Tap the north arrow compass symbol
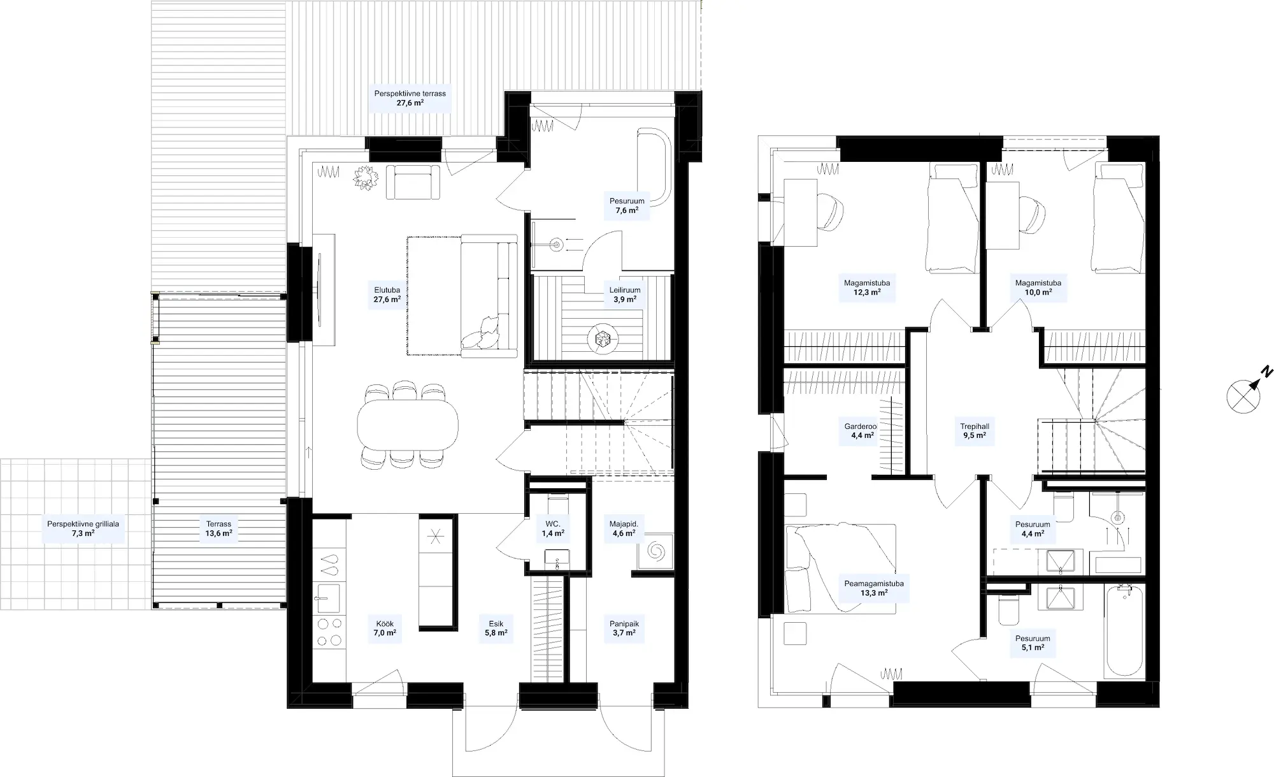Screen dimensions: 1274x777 coord(1243,396)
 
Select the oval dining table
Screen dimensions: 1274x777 coord(408,425)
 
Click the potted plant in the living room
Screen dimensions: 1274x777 coord(366,177)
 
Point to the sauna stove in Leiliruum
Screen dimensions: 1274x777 coord(603,338)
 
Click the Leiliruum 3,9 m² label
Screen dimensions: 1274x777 coord(625,294)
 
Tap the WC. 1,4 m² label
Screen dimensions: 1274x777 coord(553,528)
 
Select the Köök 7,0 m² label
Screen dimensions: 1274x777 coord(385,628)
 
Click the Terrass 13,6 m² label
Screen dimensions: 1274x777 coord(218,528)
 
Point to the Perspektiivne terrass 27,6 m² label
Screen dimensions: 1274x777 coord(410,98)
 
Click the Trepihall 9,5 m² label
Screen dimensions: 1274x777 coord(975,431)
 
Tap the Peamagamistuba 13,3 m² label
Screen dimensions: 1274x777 coord(874,588)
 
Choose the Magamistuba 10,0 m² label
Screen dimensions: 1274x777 coord(1038,287)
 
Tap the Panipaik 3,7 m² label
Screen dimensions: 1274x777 coord(624,628)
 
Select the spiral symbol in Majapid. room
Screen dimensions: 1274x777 coord(656,550)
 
